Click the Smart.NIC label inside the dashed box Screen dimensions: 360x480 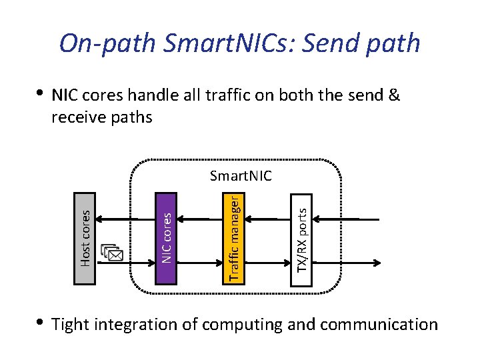pos(241,176)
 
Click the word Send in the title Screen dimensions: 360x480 pos(327,43)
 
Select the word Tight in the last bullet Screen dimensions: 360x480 pos(71,325)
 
